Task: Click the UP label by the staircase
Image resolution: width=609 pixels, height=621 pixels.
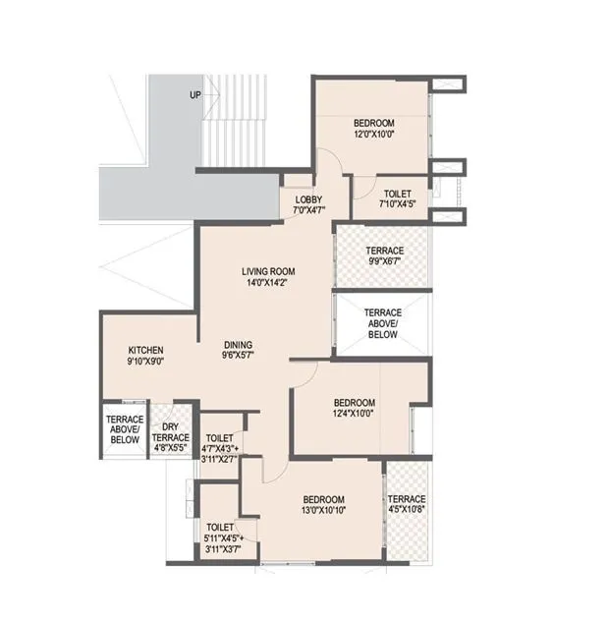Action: pos(195,95)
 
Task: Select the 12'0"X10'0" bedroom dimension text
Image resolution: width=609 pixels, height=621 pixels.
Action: pos(373,135)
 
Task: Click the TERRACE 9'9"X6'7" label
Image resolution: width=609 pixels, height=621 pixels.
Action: pos(384,251)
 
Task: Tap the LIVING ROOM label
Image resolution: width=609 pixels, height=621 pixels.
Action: pos(268,271)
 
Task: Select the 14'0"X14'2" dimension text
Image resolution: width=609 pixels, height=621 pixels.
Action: pos(268,284)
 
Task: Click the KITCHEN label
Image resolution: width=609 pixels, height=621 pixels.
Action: pos(145,350)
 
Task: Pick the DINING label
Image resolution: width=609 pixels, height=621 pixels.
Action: pos(237,345)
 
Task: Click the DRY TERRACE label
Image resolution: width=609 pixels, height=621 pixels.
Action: pos(172,432)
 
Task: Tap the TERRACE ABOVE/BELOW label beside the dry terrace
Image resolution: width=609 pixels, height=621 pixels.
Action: pos(125,429)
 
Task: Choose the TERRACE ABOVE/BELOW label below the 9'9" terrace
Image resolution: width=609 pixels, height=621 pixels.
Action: pos(383,321)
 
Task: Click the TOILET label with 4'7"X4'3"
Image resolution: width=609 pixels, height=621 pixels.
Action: pos(220,438)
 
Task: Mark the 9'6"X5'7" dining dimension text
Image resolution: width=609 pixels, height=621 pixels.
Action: pos(237,358)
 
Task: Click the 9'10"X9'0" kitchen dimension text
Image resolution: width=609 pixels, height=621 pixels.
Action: pos(145,363)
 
